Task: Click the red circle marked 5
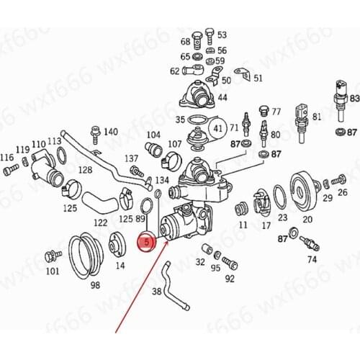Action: (147, 243)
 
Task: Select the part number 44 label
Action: (223, 97)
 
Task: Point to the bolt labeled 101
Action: (52, 256)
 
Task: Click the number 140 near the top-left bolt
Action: (110, 132)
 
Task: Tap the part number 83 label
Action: (354, 97)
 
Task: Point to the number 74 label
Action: (312, 258)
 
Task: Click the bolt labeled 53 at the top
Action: (209, 35)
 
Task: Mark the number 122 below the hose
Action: (100, 222)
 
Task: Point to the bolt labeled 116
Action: (9, 171)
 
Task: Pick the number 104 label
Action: (153, 135)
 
